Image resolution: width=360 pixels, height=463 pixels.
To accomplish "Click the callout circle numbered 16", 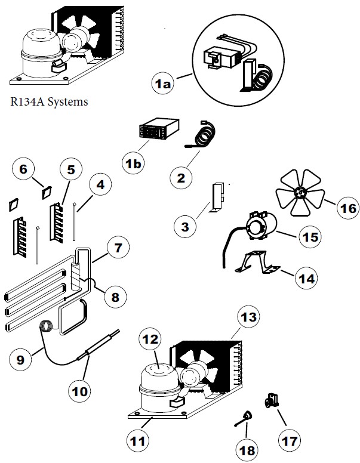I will coord(347,208).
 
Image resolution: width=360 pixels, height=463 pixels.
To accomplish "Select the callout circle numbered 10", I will coord(79,391).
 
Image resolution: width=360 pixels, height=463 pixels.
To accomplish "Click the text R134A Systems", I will coord(49,101).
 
